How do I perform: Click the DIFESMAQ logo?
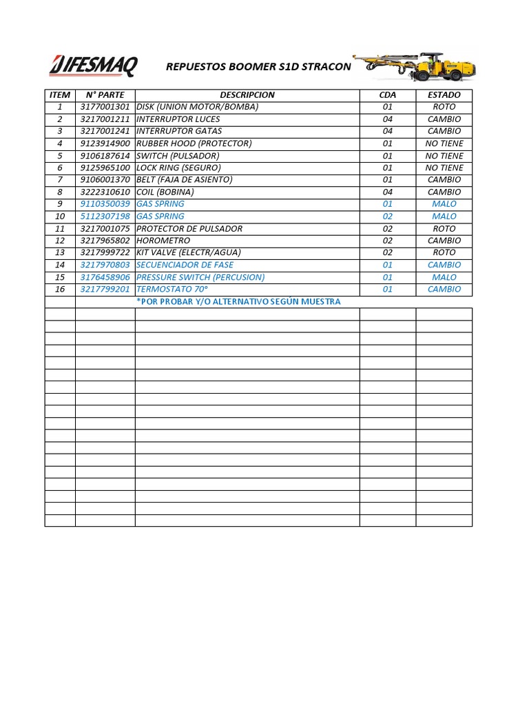(93, 66)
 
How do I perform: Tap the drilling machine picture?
(414, 67)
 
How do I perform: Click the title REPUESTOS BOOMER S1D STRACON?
(258, 67)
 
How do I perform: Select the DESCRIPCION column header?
(247, 95)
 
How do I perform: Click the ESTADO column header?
(444, 95)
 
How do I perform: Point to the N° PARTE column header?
(105, 95)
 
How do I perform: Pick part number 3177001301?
(105, 107)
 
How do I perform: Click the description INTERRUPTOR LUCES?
(178, 119)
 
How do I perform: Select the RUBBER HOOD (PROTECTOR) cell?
(194, 143)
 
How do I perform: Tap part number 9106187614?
(105, 156)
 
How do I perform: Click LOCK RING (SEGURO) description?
(178, 168)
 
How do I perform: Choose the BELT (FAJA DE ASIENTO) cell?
(185, 180)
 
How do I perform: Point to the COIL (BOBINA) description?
(165, 192)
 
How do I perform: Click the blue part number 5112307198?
(105, 216)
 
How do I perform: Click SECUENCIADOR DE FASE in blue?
(185, 265)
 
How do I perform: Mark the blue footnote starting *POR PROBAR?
(238, 302)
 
